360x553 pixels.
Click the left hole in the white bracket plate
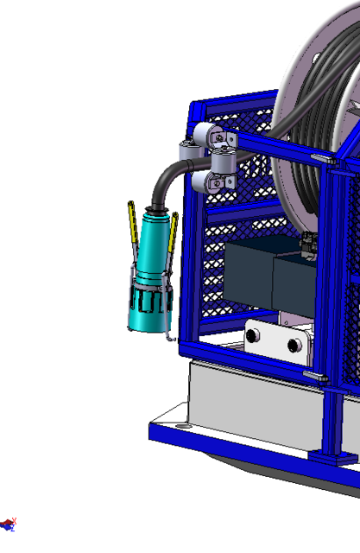(253, 336)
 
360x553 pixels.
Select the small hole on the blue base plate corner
(183, 426)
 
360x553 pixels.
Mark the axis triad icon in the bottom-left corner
(9, 524)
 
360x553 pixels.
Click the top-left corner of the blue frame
(195, 109)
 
